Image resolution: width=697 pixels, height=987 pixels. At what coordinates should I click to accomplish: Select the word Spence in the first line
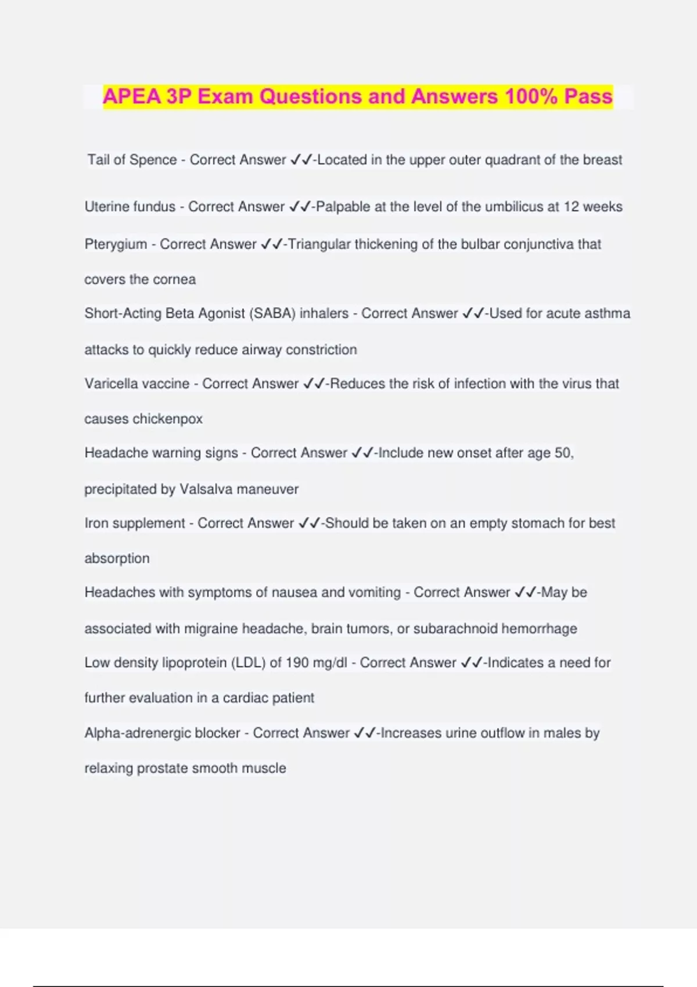click(x=153, y=160)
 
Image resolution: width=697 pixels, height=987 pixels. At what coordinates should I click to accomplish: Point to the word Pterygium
click(x=116, y=244)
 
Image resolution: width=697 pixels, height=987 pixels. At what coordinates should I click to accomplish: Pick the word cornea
click(x=174, y=279)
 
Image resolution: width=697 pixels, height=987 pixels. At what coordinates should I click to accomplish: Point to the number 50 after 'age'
click(x=563, y=453)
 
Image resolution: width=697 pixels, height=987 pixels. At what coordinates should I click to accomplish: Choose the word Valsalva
click(x=206, y=489)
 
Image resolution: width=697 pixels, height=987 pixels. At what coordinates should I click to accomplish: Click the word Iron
click(x=96, y=523)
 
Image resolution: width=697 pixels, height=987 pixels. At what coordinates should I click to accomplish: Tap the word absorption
click(x=117, y=559)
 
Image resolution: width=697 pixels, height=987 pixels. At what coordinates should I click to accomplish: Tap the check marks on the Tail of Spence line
click(x=301, y=160)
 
